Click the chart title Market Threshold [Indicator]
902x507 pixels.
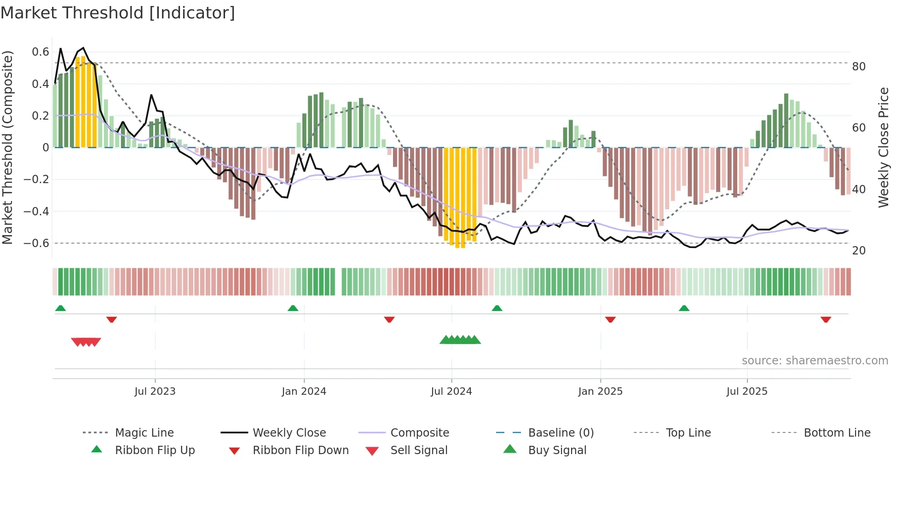[118, 13]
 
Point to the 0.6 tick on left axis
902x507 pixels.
[40, 52]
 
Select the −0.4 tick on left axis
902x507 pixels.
[36, 211]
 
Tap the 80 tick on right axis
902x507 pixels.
[859, 67]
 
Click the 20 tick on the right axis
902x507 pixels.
[859, 251]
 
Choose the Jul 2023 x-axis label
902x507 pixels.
[155, 392]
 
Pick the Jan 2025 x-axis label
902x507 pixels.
[600, 392]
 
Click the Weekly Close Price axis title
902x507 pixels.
[883, 147]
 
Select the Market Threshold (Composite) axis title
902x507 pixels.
[7, 147]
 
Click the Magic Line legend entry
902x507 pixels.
[144, 433]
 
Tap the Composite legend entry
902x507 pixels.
[419, 433]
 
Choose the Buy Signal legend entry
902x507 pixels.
[557, 450]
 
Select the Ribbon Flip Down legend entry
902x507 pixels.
[301, 450]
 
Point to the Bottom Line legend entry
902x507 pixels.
[837, 433]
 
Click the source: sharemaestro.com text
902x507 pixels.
[815, 361]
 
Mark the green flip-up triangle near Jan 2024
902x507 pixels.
[293, 308]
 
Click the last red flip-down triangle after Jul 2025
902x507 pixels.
[826, 319]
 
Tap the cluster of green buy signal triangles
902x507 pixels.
[460, 340]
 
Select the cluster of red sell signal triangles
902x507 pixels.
[86, 342]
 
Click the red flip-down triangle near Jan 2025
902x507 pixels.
[610, 319]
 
